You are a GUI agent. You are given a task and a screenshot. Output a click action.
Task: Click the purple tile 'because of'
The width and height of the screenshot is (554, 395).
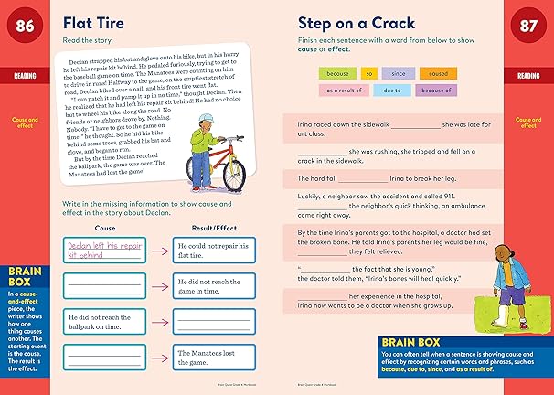coord(438,90)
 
